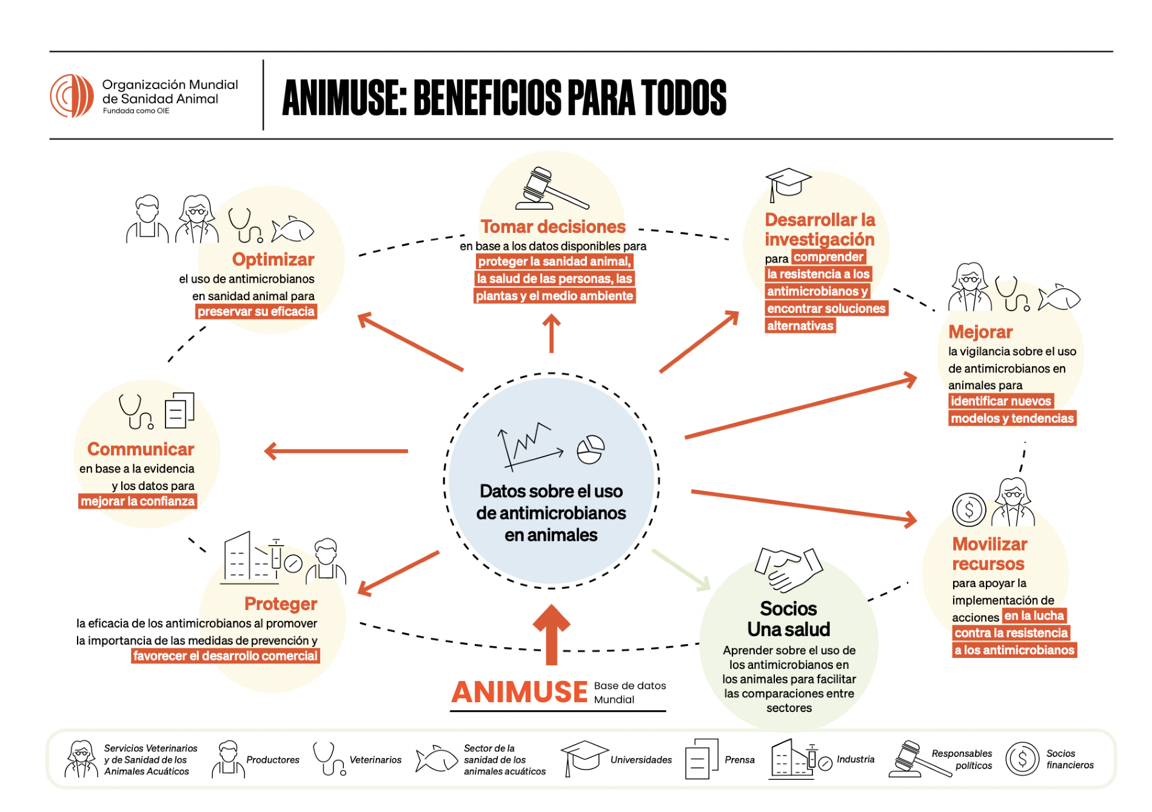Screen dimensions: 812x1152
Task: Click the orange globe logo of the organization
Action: point(72,96)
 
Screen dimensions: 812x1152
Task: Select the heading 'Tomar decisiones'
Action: point(552,227)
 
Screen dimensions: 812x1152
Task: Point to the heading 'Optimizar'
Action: point(273,260)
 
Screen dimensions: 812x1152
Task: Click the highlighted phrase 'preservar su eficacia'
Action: point(256,312)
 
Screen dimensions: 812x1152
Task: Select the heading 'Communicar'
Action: point(141,449)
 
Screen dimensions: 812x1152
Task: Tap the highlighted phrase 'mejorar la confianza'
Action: point(138,502)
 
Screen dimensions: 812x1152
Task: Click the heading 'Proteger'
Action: point(281,604)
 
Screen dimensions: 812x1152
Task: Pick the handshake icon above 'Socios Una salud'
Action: point(788,570)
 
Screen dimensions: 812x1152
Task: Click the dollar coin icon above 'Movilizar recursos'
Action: point(968,509)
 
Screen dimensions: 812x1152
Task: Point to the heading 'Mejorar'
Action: point(980,332)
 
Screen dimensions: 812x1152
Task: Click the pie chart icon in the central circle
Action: point(590,449)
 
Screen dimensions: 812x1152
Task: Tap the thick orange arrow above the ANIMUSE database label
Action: point(551,634)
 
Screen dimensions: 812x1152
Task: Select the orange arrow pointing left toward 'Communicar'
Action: point(337,451)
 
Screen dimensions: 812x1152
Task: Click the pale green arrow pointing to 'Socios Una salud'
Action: point(681,569)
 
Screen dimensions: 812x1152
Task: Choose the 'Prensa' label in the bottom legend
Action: point(739,760)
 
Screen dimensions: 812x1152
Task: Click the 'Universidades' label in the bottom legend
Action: point(641,760)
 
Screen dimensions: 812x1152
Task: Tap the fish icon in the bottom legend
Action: point(436,759)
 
